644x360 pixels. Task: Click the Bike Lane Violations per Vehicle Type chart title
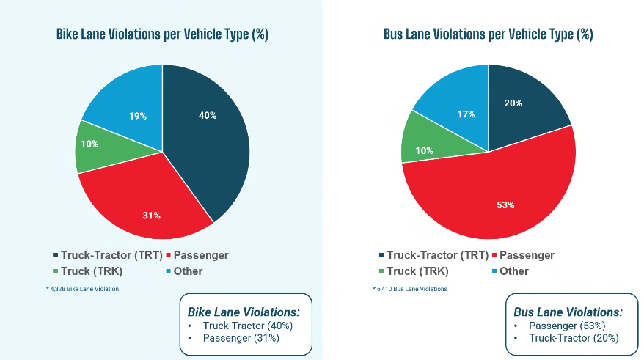pos(161,34)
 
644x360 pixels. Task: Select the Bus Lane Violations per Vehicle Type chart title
pos(488,34)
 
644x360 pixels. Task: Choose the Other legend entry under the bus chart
pos(513,271)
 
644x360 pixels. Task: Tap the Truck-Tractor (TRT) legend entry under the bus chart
pos(437,255)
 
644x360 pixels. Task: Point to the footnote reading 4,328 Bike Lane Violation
pos(82,289)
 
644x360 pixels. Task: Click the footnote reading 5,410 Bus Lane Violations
pos(410,289)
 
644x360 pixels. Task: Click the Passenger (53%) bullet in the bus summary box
pos(568,326)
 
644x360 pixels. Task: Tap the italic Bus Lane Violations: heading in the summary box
pos(569,312)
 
